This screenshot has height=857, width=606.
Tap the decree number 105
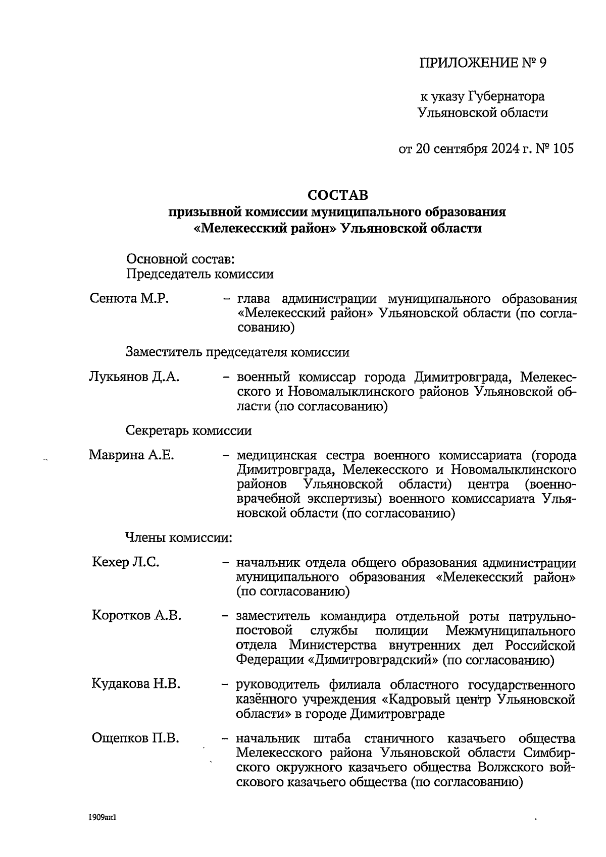[563, 148]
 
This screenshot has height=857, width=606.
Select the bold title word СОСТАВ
[338, 195]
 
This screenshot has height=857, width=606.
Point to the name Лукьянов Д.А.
[134, 377]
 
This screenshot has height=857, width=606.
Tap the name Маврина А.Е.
[131, 455]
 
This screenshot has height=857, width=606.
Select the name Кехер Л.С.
[126, 562]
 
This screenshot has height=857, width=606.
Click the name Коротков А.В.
[136, 616]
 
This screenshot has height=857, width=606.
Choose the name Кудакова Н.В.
[136, 684]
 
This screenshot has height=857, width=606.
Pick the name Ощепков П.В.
[135, 738]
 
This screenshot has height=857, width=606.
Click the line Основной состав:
[180, 259]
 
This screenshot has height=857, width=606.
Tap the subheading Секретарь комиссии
[188, 431]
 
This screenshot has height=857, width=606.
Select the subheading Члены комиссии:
[179, 538]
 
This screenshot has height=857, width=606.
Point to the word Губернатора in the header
[507, 96]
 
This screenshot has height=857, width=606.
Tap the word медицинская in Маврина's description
[276, 456]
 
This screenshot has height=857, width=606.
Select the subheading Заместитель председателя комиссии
[237, 352]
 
